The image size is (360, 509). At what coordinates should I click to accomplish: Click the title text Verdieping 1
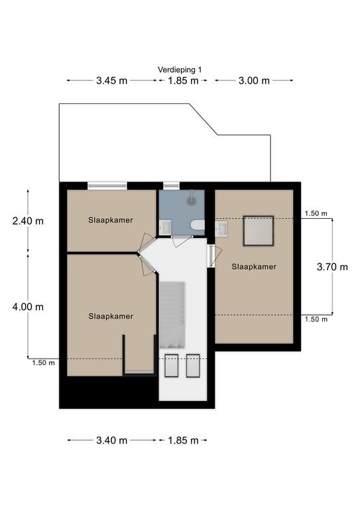[180, 70]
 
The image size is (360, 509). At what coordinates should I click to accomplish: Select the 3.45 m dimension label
[111, 80]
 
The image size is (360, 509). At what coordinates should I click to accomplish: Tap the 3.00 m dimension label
[254, 80]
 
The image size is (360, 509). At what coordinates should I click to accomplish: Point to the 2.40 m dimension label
[28, 221]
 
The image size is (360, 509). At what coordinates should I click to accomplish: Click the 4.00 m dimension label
[28, 307]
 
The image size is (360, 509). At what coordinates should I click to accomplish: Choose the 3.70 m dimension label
[332, 267]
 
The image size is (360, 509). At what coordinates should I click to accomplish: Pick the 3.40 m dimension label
[111, 440]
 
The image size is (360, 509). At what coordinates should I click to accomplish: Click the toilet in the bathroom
[198, 225]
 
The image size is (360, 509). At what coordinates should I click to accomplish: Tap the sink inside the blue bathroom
[165, 227]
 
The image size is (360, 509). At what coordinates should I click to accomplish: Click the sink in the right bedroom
[221, 229]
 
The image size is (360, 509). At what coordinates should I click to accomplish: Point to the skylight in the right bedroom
[259, 231]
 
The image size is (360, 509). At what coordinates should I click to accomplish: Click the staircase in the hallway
[172, 315]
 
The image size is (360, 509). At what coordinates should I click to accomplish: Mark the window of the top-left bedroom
[107, 186]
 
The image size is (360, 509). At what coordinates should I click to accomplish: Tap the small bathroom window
[171, 186]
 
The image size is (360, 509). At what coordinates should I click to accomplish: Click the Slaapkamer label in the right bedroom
[254, 267]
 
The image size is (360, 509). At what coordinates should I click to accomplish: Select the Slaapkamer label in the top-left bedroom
[110, 220]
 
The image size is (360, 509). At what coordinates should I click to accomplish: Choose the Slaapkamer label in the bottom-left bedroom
[111, 316]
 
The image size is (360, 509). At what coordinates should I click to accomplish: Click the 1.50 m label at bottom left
[43, 363]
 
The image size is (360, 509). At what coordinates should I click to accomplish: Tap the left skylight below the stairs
[172, 366]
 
